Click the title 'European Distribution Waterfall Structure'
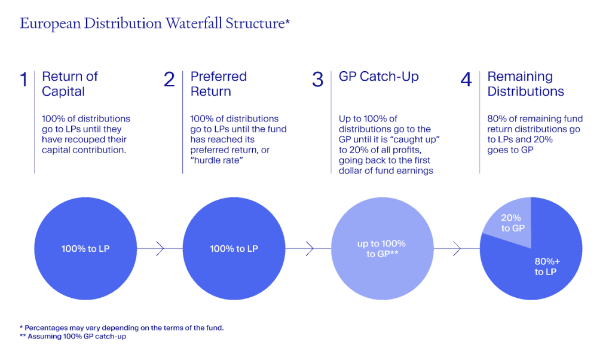[x=154, y=24]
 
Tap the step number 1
[x=23, y=80]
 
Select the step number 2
[x=169, y=80]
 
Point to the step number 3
[x=318, y=80]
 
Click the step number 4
[x=466, y=80]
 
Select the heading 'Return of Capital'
[x=69, y=84]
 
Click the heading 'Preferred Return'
[x=218, y=84]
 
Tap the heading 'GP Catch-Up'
[x=378, y=77]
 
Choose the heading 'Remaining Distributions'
[x=525, y=84]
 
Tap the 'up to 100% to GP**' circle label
[x=381, y=248]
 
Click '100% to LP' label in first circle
[x=85, y=248]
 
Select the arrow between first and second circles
[x=160, y=248]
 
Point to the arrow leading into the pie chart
[x=457, y=248]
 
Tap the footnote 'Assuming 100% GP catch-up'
[x=74, y=336]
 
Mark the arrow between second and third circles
[x=308, y=248]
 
